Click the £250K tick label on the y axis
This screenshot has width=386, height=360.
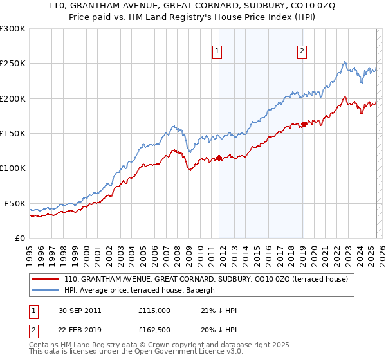tap(12, 64)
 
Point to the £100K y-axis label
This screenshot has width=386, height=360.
tap(12, 168)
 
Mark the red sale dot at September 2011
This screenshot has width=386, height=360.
tap(219, 157)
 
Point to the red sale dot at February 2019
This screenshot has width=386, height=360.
tap(304, 124)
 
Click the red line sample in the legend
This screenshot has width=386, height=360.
tap(46, 279)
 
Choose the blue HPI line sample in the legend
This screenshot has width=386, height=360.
tap(46, 290)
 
